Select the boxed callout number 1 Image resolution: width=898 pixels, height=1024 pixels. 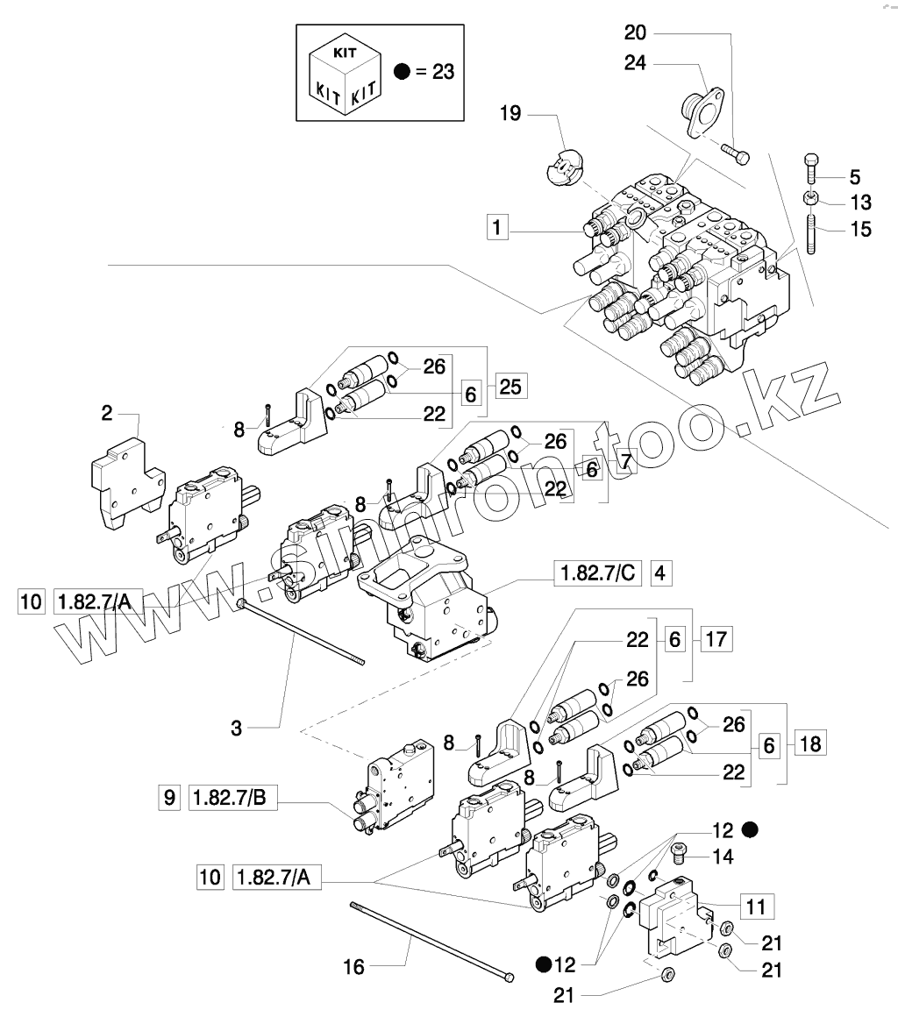pyautogui.click(x=496, y=229)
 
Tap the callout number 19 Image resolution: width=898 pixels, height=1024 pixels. pyautogui.click(x=511, y=114)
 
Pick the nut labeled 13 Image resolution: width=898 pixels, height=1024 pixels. pyautogui.click(x=812, y=199)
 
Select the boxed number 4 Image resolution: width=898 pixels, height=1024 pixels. pyautogui.click(x=660, y=573)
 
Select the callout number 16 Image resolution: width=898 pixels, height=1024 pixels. pyautogui.click(x=353, y=967)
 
